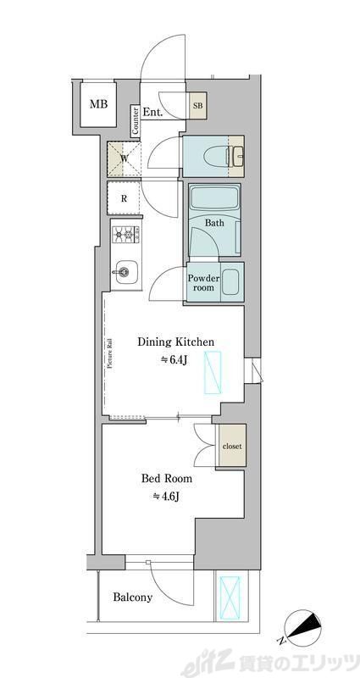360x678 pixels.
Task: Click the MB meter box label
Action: click(98, 104)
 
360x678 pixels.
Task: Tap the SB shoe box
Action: click(198, 105)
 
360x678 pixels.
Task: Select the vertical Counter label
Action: click(136, 121)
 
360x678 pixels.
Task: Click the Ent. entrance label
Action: click(152, 113)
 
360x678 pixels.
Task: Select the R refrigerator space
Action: click(124, 199)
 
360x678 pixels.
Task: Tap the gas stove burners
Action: click(125, 236)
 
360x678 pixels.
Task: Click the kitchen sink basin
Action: click(126, 272)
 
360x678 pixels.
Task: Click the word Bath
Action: click(214, 223)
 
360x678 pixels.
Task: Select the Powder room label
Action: click(203, 282)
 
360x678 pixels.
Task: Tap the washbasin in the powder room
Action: click(230, 282)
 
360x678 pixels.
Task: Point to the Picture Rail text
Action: click(110, 353)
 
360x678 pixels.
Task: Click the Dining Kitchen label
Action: click(175, 342)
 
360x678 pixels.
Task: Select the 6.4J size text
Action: click(174, 359)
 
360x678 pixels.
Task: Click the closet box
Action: click(231, 446)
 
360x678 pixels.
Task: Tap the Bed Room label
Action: click(167, 479)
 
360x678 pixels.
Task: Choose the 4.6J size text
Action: click(166, 497)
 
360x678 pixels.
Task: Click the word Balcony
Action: click(133, 597)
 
